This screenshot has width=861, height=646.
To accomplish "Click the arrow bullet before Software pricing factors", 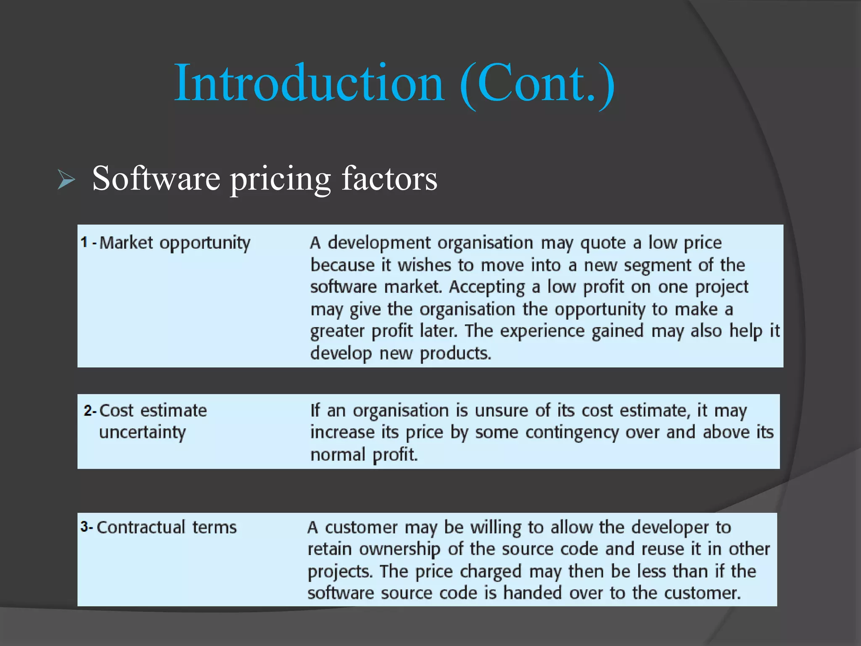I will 66,180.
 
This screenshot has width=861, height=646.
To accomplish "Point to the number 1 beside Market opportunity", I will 85,242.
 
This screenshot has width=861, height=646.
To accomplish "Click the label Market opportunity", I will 174,243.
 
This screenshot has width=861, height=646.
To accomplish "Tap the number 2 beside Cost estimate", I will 87,410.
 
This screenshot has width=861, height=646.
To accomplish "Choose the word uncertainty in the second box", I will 142,433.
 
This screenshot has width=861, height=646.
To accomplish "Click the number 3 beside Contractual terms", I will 85,527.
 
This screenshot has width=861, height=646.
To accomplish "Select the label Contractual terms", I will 166,527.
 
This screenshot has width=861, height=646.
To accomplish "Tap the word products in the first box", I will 455,353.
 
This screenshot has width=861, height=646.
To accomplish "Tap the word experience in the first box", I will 542,331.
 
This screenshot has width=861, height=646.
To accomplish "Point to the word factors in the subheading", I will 389,178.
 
